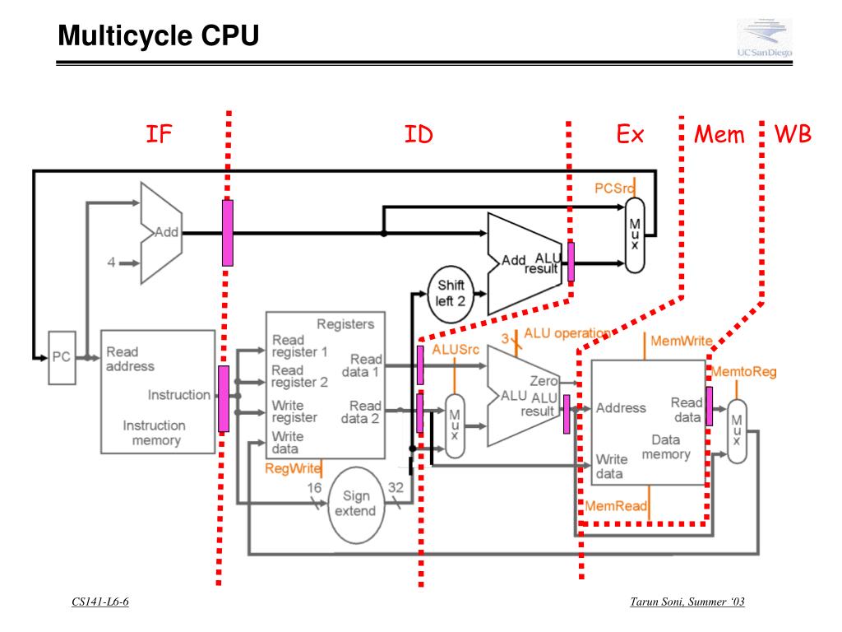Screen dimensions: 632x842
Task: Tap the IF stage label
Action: click(x=159, y=134)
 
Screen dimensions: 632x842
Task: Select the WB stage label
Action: click(x=793, y=134)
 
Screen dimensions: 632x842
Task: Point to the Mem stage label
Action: click(x=719, y=134)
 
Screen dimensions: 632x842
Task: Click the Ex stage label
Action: click(x=630, y=134)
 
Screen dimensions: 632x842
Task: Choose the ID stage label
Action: click(x=419, y=134)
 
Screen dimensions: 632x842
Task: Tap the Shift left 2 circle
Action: click(x=450, y=293)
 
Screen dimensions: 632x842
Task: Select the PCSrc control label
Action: click(x=615, y=188)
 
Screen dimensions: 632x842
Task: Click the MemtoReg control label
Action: click(x=743, y=372)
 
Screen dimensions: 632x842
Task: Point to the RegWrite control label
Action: click(x=293, y=468)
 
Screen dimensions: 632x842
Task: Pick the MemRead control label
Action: click(x=616, y=505)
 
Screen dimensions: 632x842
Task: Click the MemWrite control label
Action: click(x=681, y=340)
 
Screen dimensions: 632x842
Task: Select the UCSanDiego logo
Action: click(x=764, y=39)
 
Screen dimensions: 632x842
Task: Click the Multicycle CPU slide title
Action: click(x=158, y=36)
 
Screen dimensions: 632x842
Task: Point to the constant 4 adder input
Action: click(x=110, y=263)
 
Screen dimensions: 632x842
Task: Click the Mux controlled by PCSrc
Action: click(x=635, y=235)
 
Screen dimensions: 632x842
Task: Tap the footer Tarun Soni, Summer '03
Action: click(x=687, y=602)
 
